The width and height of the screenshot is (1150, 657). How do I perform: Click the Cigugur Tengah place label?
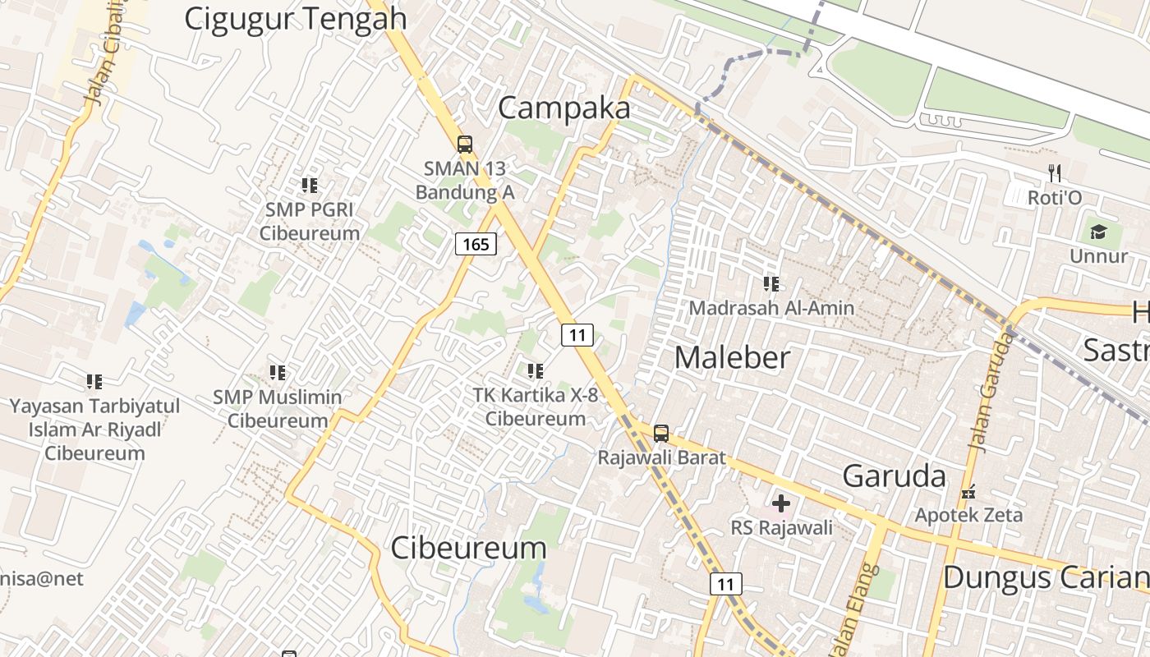point(295,18)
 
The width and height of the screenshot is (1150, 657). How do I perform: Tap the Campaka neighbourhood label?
point(564,108)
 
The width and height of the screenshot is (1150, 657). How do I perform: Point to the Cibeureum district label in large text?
point(468,548)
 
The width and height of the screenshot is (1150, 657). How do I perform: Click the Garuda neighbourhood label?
point(895,476)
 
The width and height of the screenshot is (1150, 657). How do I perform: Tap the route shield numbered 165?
point(476,244)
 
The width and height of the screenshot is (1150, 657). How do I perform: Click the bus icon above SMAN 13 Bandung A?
point(465,145)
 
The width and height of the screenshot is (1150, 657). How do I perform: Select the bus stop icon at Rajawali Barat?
point(661,433)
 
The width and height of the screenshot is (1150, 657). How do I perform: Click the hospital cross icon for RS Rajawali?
point(781,503)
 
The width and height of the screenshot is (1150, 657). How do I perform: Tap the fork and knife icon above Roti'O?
point(1055,173)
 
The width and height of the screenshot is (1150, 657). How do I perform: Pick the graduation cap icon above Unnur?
point(1098,232)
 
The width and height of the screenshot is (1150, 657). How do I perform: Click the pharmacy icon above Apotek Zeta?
point(969,492)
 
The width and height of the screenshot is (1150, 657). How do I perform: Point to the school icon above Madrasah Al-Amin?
point(771,284)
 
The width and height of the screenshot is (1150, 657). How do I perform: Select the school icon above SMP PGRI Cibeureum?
point(310,186)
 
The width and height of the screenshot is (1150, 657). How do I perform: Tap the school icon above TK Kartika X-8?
point(536,371)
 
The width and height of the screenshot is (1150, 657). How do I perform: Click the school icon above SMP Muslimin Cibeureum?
point(278,373)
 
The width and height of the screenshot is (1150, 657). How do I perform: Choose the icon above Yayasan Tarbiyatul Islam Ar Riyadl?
point(94,382)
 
